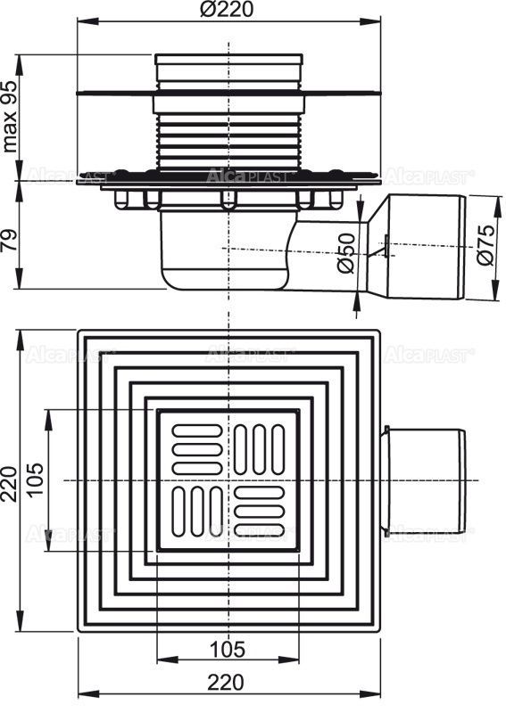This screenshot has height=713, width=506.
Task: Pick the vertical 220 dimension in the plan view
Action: pyautogui.click(x=12, y=481)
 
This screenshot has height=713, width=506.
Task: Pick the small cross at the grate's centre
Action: pyautogui.click(x=230, y=480)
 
